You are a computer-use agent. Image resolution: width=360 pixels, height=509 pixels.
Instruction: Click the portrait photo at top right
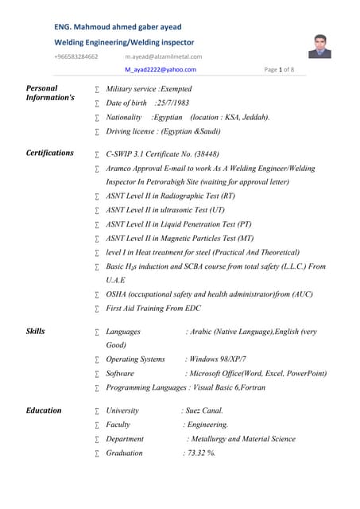coord(319,46)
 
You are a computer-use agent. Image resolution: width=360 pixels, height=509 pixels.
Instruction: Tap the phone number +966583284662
coord(76,56)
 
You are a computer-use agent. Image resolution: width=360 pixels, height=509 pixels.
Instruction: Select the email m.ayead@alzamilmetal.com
coord(163,56)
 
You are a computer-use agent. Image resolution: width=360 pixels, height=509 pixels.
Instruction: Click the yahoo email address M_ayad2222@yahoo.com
coord(167,70)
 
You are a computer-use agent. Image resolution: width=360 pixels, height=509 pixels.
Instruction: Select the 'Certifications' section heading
coord(50,153)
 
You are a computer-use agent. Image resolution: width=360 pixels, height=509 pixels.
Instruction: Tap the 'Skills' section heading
coord(36,331)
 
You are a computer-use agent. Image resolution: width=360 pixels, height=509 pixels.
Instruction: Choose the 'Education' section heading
coord(44,410)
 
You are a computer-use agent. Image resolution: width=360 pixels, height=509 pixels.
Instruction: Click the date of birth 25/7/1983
coord(172,103)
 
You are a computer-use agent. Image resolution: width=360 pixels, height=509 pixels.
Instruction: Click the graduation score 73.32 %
coord(199,453)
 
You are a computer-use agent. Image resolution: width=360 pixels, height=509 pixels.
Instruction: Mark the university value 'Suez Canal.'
coord(203,411)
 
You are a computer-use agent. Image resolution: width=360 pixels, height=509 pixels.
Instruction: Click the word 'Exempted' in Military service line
coord(176,89)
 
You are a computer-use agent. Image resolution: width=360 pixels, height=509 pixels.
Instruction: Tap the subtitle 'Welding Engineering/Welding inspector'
coord(124,41)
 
